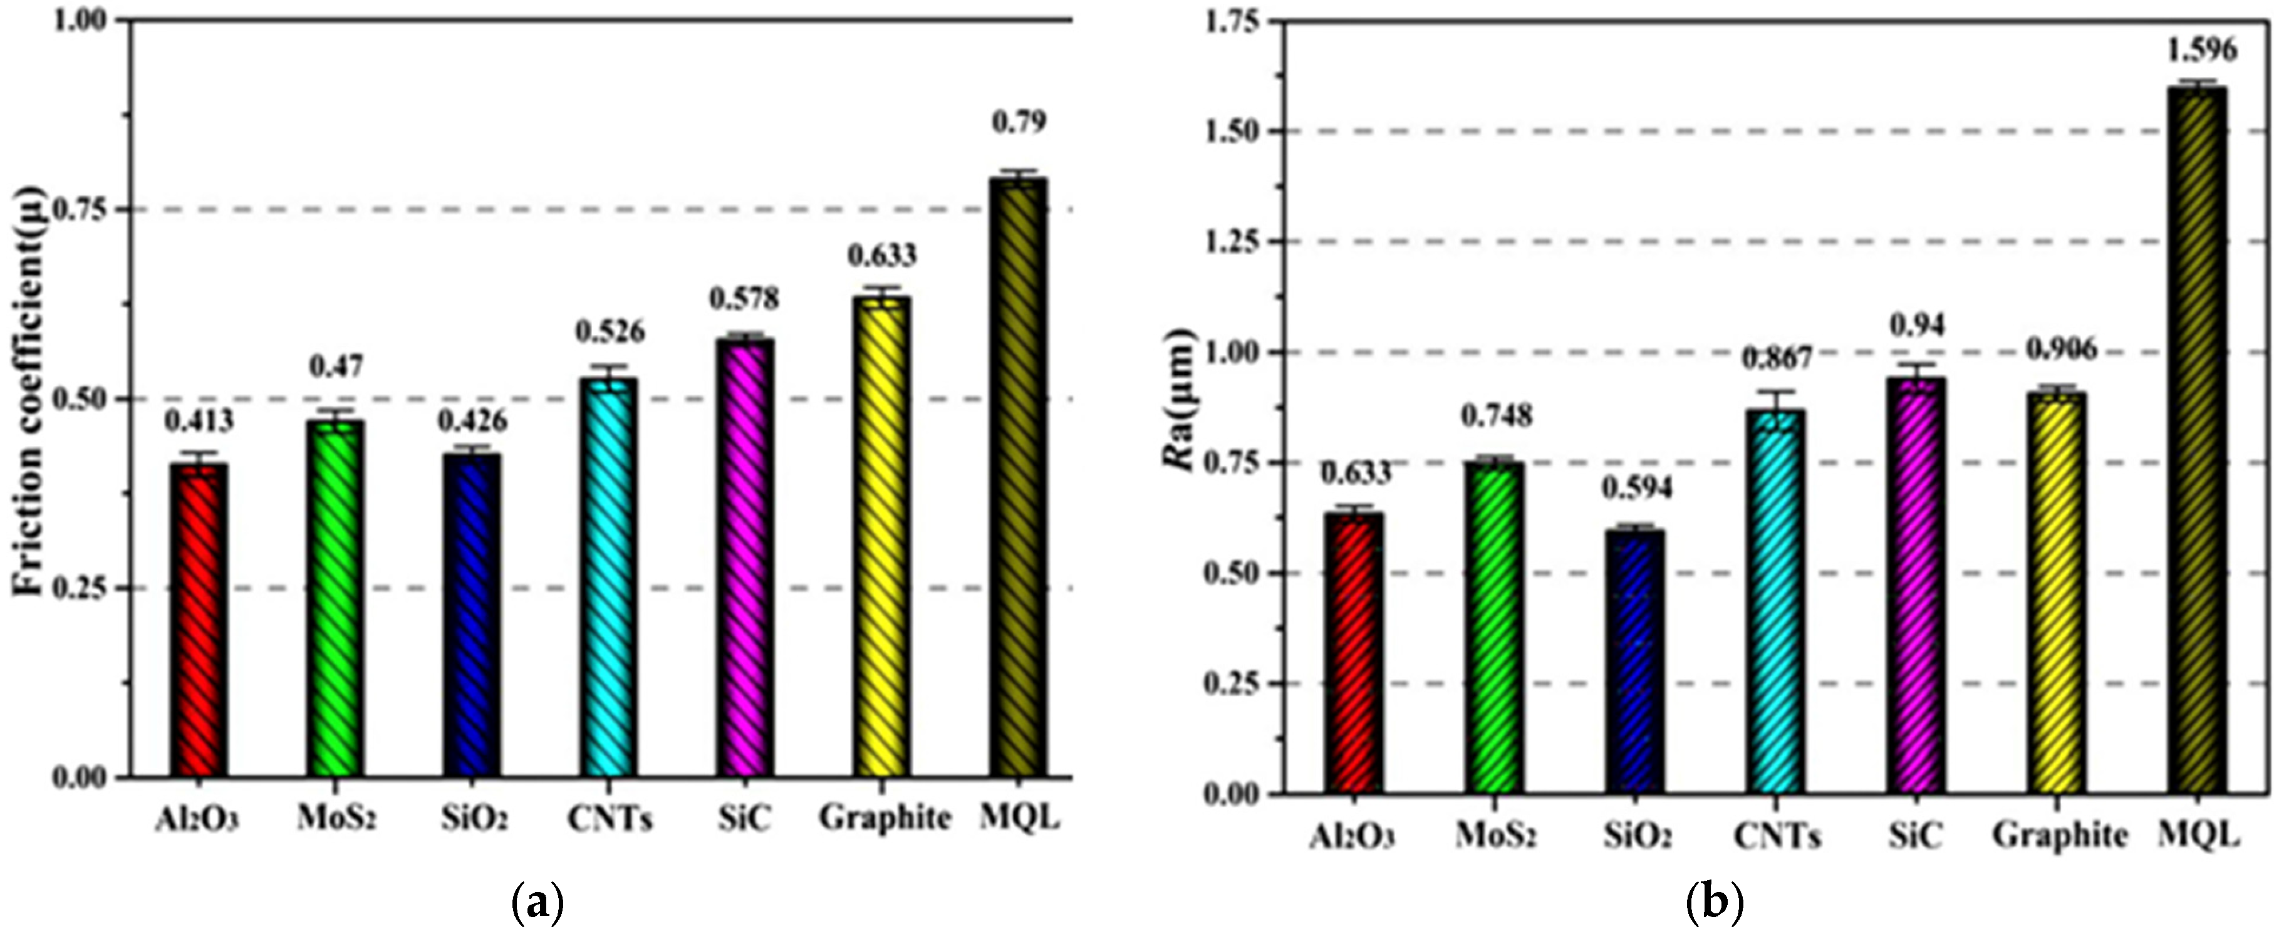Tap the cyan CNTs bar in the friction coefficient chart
(x=609, y=578)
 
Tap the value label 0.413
(x=199, y=420)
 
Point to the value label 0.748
(x=1497, y=415)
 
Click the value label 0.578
(x=745, y=298)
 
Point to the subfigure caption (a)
(x=537, y=904)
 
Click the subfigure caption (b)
(x=1715, y=904)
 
